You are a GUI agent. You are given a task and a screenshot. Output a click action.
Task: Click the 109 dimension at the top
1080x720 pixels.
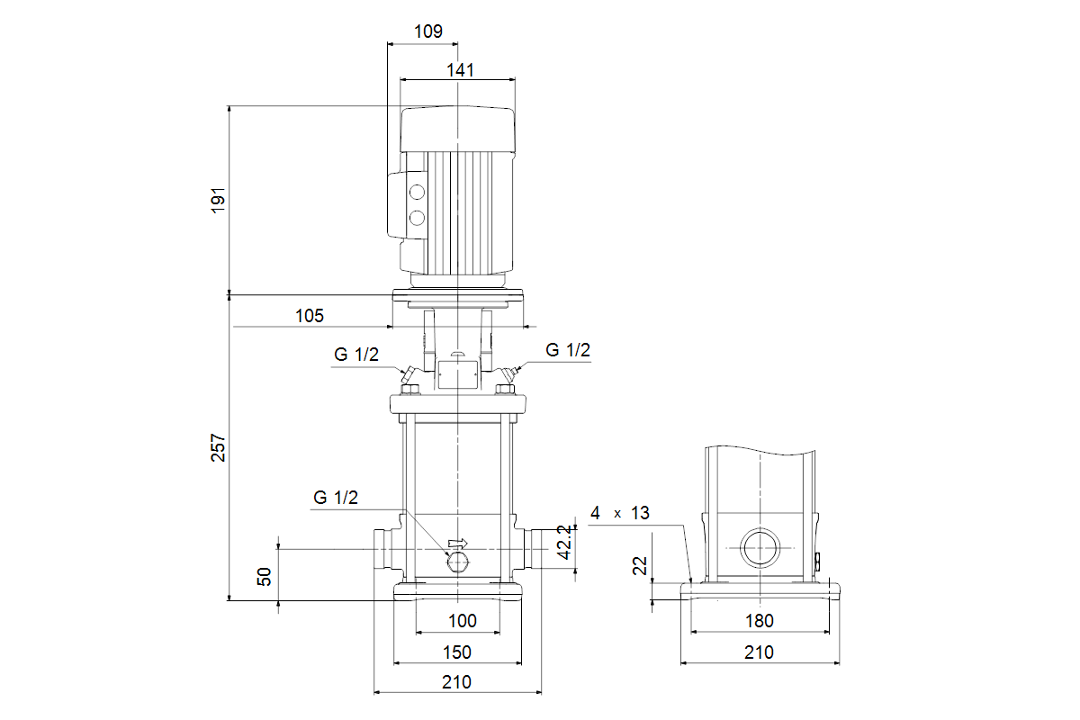pyautogui.click(x=428, y=31)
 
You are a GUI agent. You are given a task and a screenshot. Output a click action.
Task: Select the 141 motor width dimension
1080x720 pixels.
pyautogui.click(x=459, y=69)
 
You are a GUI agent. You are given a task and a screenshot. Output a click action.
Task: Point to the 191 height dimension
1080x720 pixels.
pyautogui.click(x=217, y=200)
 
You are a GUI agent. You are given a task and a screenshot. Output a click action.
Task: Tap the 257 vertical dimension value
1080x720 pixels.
pyautogui.click(x=217, y=447)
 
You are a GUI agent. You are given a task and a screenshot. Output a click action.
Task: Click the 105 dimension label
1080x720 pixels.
pyautogui.click(x=309, y=315)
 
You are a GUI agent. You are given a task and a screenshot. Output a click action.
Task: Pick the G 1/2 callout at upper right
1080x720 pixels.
pyautogui.click(x=568, y=350)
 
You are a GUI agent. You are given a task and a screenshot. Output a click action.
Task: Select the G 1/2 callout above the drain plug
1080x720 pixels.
pyautogui.click(x=336, y=498)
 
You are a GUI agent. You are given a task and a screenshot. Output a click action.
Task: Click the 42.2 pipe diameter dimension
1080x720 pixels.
pyautogui.click(x=564, y=543)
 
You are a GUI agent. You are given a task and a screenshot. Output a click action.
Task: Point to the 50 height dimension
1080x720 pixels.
pyautogui.click(x=265, y=577)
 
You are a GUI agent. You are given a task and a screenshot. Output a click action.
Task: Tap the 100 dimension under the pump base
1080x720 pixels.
pyautogui.click(x=462, y=621)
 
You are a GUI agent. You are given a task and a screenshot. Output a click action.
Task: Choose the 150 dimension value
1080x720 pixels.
pyautogui.click(x=457, y=652)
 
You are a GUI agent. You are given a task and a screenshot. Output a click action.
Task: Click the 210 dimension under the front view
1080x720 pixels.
pyautogui.click(x=457, y=682)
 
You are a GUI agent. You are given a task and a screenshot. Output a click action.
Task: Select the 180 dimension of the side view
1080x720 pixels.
pyautogui.click(x=760, y=621)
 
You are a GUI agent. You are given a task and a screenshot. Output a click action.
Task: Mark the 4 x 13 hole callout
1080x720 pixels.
pyautogui.click(x=619, y=513)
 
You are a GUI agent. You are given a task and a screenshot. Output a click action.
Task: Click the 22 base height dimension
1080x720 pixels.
pyautogui.click(x=640, y=566)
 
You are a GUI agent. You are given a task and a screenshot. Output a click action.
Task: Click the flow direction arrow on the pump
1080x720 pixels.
pyautogui.click(x=459, y=543)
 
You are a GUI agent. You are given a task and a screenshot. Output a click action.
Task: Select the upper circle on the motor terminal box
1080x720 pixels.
pyautogui.click(x=417, y=193)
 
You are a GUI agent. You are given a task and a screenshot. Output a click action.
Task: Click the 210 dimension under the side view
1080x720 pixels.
pyautogui.click(x=760, y=652)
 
